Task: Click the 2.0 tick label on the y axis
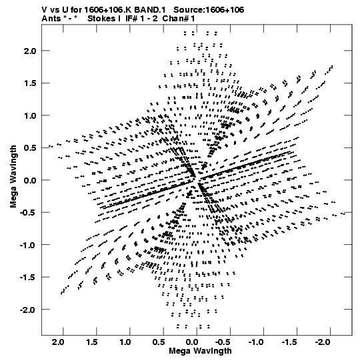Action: [30, 51]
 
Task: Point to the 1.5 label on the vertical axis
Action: [30, 83]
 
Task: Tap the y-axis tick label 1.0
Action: [30, 115]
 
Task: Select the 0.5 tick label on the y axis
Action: [30, 148]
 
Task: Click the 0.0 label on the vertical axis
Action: [30, 180]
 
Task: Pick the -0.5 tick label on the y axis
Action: [28, 212]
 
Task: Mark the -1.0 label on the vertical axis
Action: [28, 245]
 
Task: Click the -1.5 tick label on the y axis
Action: [28, 278]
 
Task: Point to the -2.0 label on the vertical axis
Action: [28, 310]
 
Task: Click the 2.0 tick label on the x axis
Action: [59, 342]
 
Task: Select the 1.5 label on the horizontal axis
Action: [92, 342]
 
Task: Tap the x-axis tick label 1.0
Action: [125, 342]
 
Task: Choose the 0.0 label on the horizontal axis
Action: [192, 342]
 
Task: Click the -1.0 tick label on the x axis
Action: [256, 342]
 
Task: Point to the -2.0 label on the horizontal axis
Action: [323, 342]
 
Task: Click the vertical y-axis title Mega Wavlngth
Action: [13, 177]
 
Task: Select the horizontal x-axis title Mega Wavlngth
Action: [200, 351]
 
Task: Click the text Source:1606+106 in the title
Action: [209, 10]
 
